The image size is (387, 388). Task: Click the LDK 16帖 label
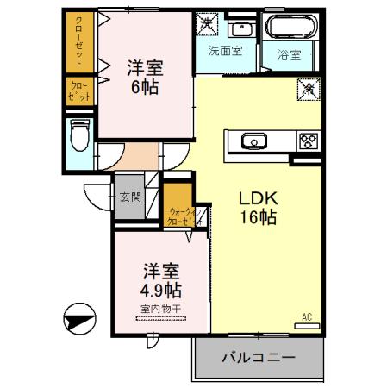257,208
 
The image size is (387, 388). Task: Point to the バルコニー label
258,356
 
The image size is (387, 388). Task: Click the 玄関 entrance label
130,197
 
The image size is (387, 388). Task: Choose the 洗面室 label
224,51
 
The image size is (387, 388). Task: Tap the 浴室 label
289,56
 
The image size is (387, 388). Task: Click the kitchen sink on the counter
254,141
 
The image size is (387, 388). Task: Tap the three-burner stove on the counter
308,141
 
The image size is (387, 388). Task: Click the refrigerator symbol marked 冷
308,88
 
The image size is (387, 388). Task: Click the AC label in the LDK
306,316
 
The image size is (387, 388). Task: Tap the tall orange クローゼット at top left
78,42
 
